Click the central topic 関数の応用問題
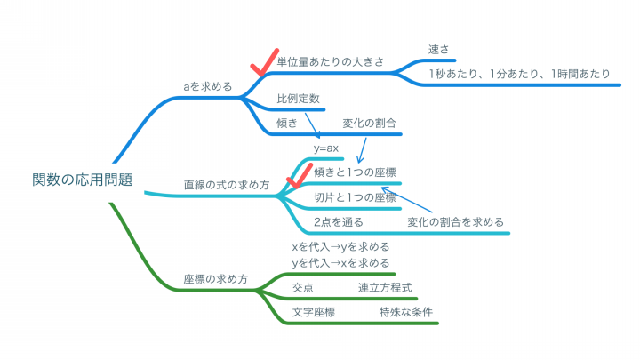tap(83, 180)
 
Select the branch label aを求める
tap(208, 86)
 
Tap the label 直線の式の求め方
tap(227, 185)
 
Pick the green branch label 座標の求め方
tap(216, 279)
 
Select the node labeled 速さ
tap(439, 50)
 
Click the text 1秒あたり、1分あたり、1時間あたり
tap(519, 74)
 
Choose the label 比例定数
tap(298, 99)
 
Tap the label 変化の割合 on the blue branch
tap(370, 124)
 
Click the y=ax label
tap(326, 148)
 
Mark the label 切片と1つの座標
tap(355, 197)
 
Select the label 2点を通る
tap(339, 222)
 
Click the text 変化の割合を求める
tap(455, 222)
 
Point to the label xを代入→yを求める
tap(340, 247)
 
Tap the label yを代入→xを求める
tap(340, 263)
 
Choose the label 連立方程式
tap(385, 288)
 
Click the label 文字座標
tap(314, 312)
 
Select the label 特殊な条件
tap(405, 312)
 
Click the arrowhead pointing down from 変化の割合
tap(359, 160)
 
